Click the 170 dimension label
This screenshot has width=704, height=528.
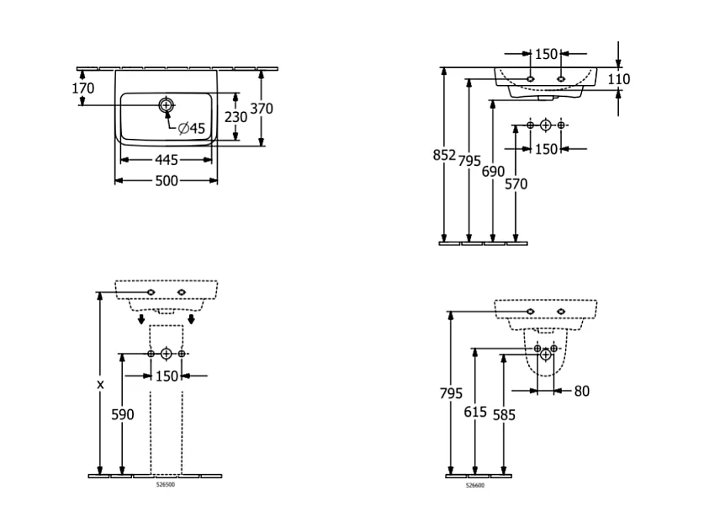[x=82, y=88]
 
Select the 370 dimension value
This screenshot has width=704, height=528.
[x=262, y=109]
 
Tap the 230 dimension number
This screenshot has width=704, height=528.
[x=236, y=117]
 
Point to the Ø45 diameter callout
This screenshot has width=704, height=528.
[x=191, y=128]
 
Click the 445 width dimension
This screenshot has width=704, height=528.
[x=166, y=160]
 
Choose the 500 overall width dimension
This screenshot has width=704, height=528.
[x=166, y=181]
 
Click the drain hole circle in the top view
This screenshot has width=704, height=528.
[x=166, y=105]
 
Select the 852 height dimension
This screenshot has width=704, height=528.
[x=443, y=156]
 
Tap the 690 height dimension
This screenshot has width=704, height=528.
[x=493, y=172]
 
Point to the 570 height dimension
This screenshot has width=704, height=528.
[x=516, y=184]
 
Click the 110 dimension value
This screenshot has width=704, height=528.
[x=618, y=79]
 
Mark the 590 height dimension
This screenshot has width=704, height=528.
[x=123, y=414]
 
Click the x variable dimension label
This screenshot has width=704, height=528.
[x=100, y=384]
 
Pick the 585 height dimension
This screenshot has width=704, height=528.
[x=504, y=415]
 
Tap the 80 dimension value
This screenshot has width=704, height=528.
[x=582, y=391]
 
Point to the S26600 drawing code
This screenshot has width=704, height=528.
[x=475, y=486]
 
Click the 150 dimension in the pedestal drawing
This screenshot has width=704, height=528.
[x=167, y=376]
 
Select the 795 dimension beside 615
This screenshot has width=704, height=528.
[x=452, y=393]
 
